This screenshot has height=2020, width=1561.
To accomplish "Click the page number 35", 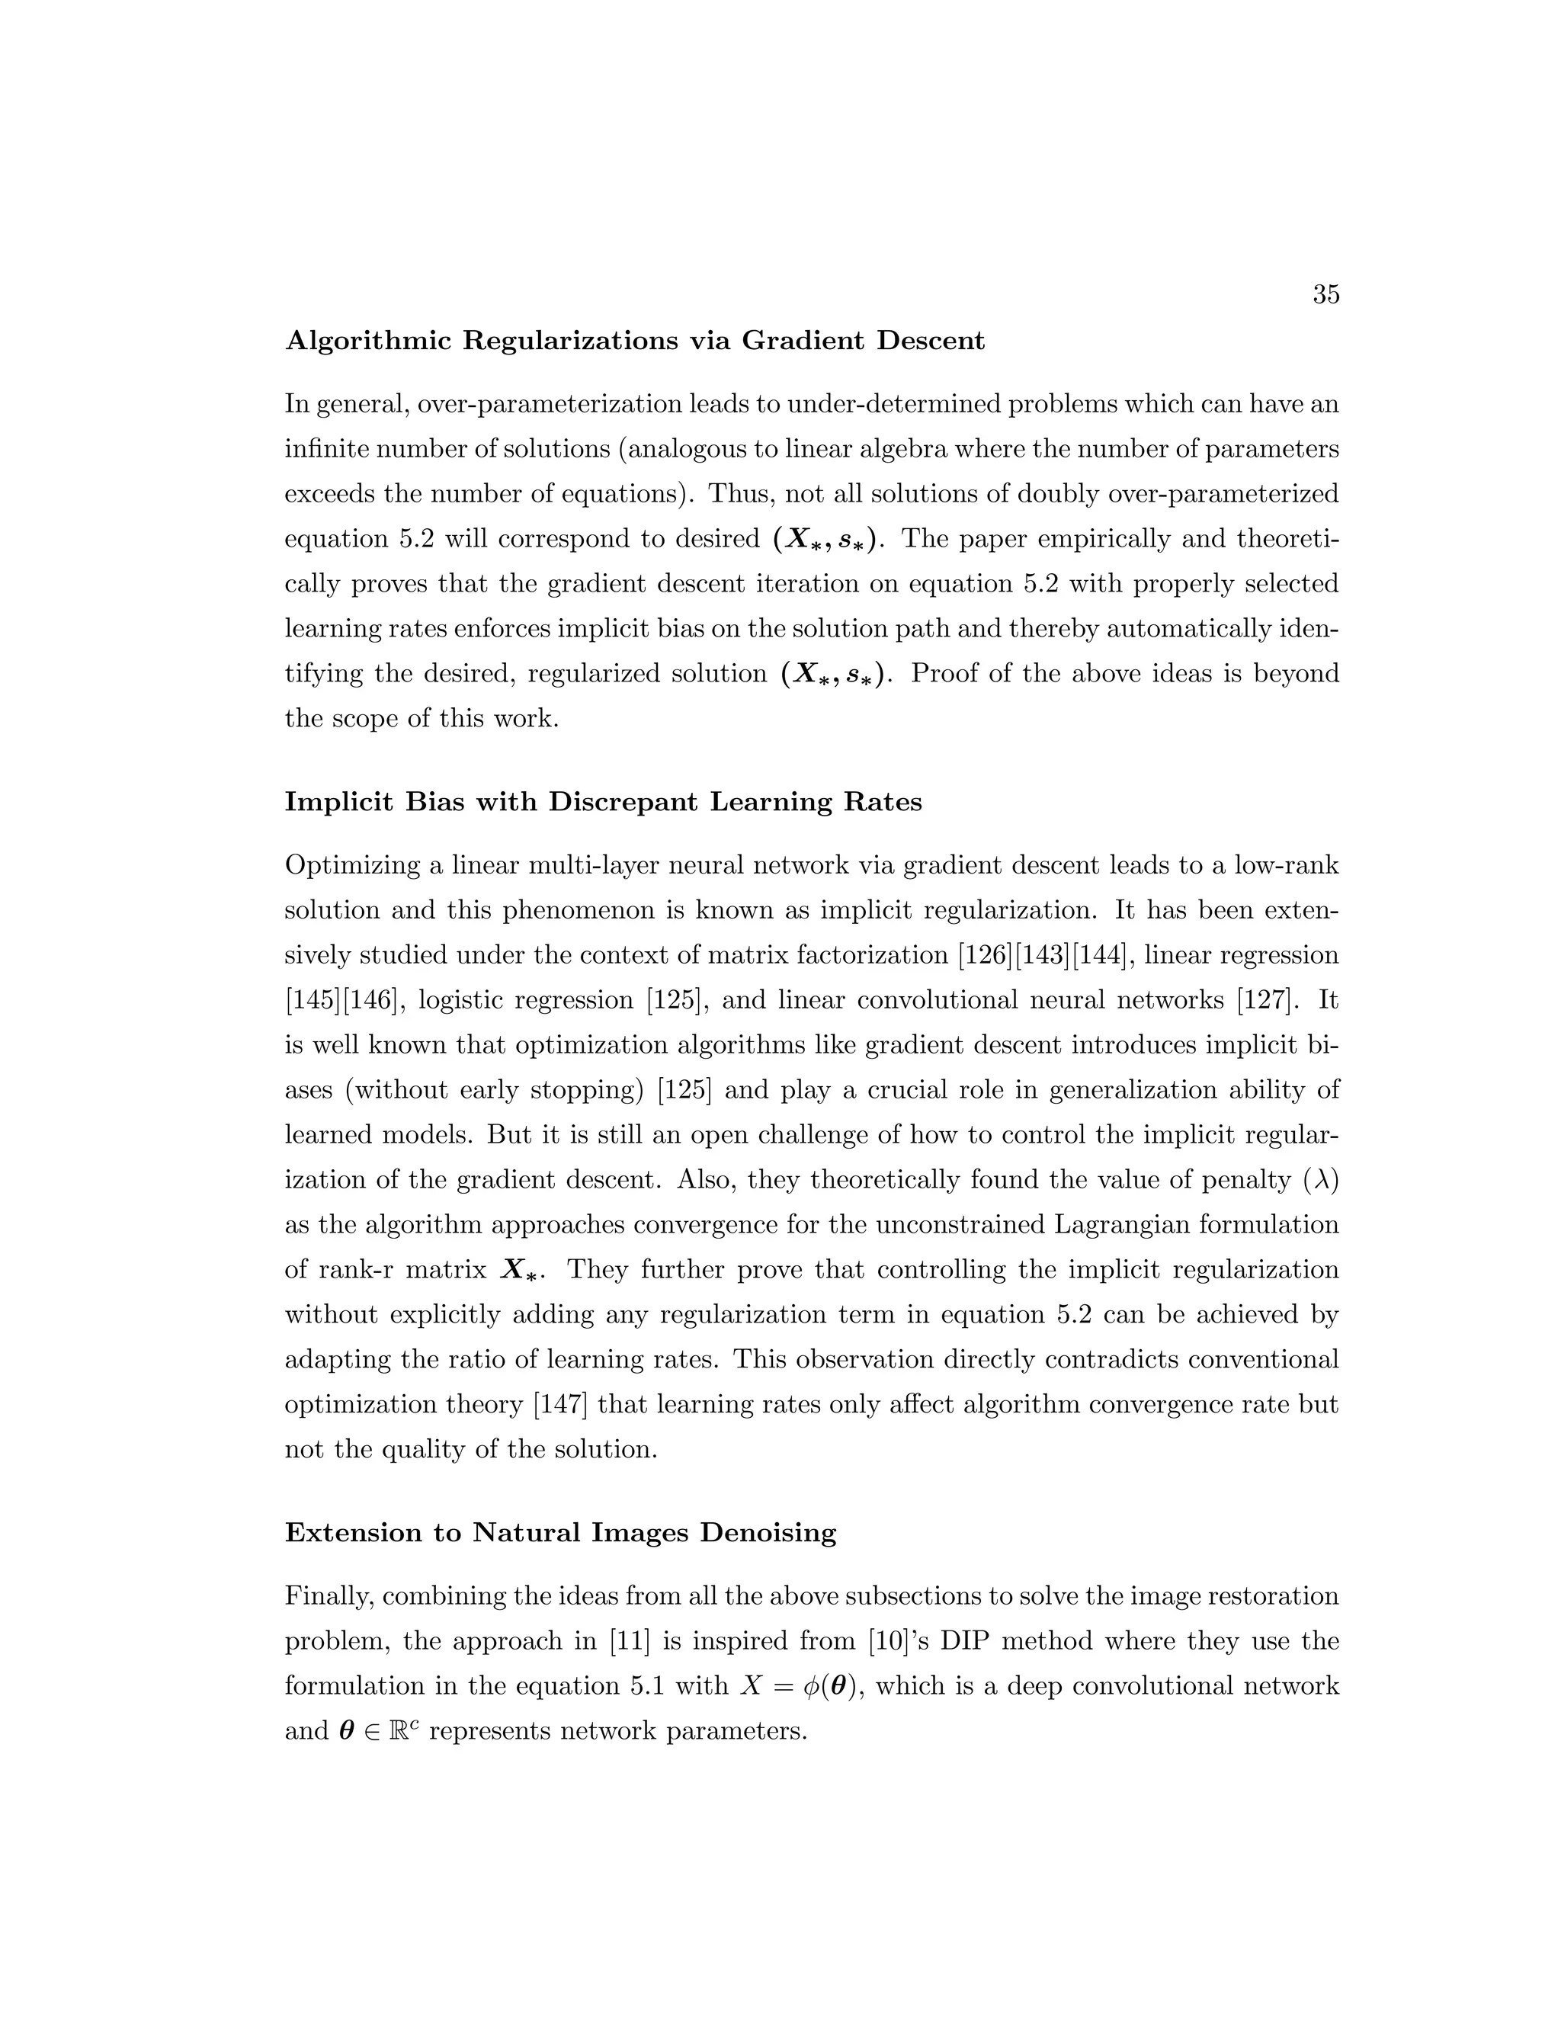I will tap(1325, 295).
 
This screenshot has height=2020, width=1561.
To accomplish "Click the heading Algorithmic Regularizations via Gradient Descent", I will tap(634, 341).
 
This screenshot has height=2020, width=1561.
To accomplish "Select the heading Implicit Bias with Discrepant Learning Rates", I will tap(603, 802).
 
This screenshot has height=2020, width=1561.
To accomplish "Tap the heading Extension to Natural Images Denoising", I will tap(560, 1533).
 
